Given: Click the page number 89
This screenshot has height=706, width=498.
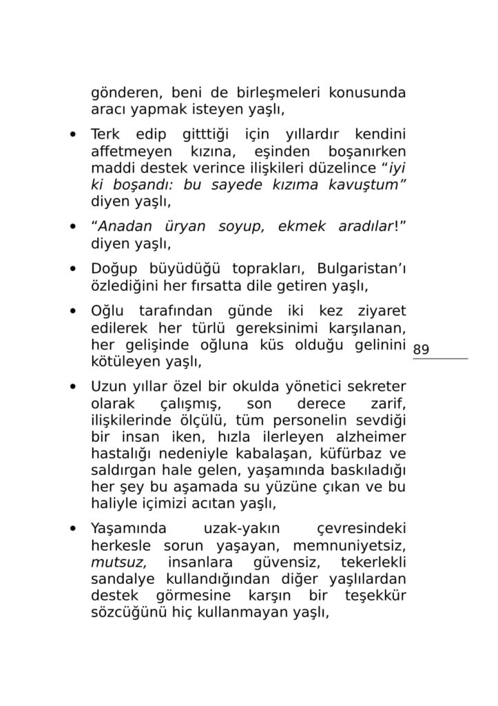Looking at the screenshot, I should point(421,350).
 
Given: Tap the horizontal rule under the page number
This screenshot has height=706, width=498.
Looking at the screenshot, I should point(440,359).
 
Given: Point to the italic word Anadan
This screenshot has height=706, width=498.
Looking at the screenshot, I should point(124,227).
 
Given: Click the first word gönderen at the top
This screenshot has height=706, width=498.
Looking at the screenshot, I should point(123,92).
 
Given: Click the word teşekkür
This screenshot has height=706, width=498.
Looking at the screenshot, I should point(375,595).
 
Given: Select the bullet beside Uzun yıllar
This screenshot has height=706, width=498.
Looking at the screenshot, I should point(72,385).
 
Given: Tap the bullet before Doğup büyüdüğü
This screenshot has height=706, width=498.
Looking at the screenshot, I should point(72,268).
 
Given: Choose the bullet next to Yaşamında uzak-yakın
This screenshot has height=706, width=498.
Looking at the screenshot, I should point(72,529).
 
